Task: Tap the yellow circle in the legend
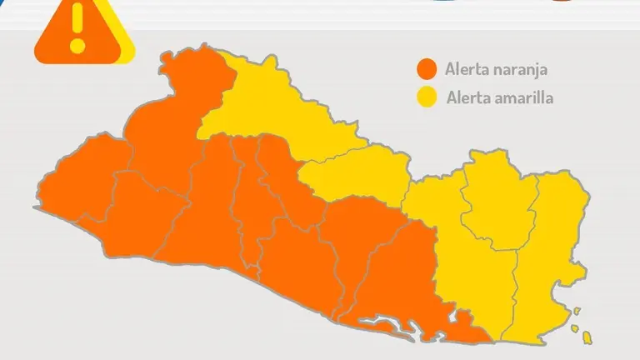click(x=428, y=97)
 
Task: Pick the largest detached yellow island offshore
click(x=587, y=337)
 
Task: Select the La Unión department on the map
click(x=554, y=242)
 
